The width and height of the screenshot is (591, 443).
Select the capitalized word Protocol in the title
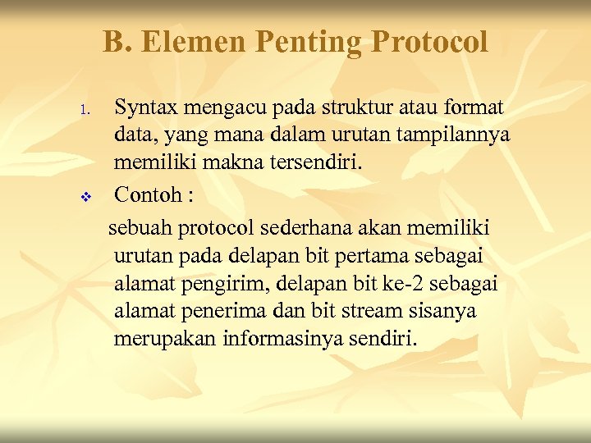[429, 41]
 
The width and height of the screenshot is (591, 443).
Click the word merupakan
[165, 340]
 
